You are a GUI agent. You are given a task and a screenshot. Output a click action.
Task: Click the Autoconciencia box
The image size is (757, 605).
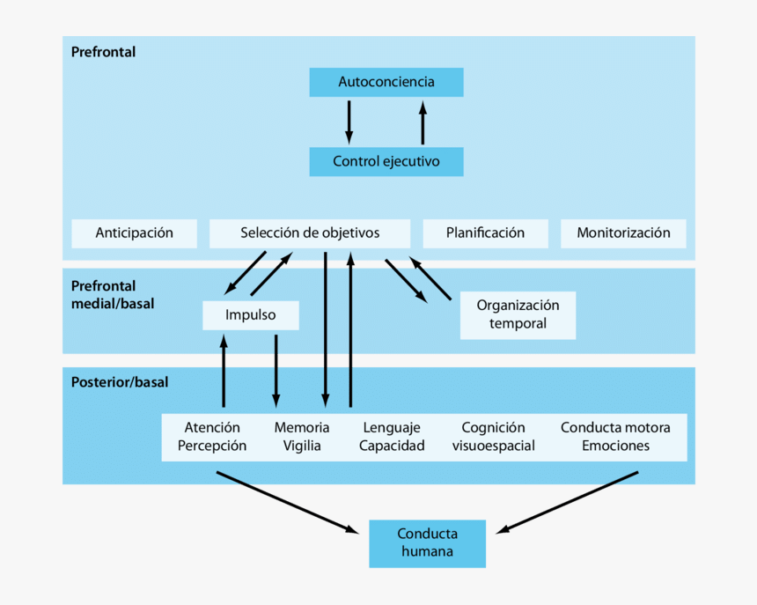[386, 82]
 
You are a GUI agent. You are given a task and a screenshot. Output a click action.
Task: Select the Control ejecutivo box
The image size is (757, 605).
[386, 162]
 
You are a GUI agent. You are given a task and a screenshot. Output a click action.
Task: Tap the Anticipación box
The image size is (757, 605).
[134, 233]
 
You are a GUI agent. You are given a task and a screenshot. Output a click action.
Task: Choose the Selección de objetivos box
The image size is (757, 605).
[310, 233]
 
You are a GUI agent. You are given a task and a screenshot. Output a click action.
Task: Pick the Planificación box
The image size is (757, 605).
[485, 233]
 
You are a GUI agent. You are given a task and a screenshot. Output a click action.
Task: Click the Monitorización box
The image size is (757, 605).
[623, 233]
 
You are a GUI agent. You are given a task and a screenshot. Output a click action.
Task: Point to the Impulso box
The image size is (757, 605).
[250, 315]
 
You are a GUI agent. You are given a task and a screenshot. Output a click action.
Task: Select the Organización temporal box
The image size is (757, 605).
[518, 314]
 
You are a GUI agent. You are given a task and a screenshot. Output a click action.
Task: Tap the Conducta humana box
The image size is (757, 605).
[427, 542]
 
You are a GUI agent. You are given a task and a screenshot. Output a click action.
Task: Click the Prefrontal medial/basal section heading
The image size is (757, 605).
[112, 295]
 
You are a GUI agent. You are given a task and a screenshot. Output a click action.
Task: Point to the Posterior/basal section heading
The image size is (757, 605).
[120, 382]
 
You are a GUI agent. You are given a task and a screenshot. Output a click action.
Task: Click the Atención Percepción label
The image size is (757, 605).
[212, 437]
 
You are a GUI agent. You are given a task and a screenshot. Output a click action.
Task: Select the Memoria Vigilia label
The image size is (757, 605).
[302, 437]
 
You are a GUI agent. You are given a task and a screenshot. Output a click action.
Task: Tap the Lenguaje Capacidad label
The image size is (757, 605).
[392, 437]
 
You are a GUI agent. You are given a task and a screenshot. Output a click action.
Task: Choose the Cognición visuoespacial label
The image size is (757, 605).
[493, 437]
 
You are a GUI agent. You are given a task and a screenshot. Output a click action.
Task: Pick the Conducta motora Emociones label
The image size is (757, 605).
[615, 437]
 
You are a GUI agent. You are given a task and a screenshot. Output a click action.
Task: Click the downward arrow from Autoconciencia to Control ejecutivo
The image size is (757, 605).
[349, 122]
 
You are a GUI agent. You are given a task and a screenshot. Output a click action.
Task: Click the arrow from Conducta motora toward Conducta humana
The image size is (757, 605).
[568, 502]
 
